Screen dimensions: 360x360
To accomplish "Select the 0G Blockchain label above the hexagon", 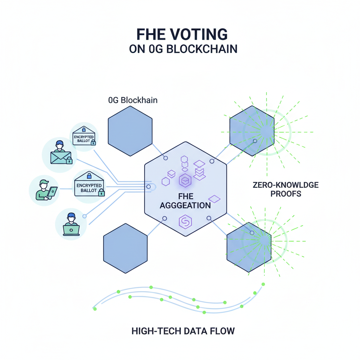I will click(133, 100).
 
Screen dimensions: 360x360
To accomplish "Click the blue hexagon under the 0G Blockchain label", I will click(130, 130).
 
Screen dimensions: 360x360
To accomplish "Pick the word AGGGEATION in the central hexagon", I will click(185, 206).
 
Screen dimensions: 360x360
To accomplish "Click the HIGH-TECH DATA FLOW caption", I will click(183, 331).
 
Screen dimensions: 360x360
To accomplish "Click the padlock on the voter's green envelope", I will click(69, 161).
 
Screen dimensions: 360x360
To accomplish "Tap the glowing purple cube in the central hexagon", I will click(185, 181).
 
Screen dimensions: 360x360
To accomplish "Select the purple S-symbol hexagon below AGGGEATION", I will click(185, 222).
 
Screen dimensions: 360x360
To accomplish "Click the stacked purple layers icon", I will click(199, 170).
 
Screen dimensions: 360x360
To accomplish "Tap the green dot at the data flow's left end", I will click(95, 309).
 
